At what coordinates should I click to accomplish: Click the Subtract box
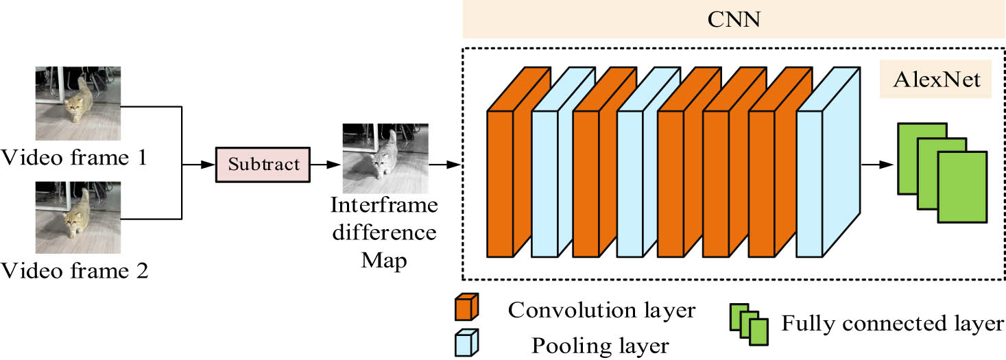[x=263, y=165]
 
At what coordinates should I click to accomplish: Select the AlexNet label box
[x=936, y=80]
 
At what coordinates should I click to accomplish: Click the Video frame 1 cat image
[x=77, y=103]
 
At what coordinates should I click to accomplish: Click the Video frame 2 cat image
[x=77, y=217]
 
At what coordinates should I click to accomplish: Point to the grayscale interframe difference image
[x=385, y=158]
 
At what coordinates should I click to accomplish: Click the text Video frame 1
[x=75, y=158]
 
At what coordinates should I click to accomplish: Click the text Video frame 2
[x=75, y=271]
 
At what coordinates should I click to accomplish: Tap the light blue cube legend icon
[x=466, y=342]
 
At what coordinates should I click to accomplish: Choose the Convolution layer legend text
[x=601, y=311]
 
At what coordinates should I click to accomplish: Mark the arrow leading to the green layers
[x=878, y=165]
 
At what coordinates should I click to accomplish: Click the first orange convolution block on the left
[x=501, y=182]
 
